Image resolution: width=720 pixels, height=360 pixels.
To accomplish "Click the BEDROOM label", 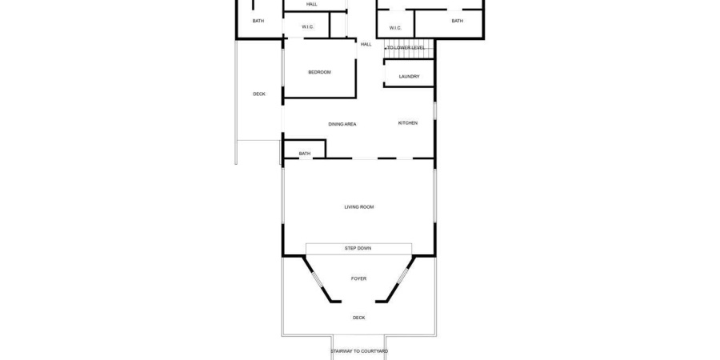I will pos(319,73).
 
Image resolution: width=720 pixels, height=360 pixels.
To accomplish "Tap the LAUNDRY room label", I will pos(409,77).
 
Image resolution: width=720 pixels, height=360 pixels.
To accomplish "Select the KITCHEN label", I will pos(408,123).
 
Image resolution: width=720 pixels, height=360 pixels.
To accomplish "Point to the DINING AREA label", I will pos(342,124).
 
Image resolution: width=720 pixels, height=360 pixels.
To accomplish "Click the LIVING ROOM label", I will pos(359,207).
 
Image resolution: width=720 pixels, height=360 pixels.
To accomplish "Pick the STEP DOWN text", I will pos(358,249).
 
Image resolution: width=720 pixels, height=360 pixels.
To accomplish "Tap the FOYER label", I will pos(359,278).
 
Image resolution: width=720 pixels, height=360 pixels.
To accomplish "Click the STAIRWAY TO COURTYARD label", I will pos(359,351).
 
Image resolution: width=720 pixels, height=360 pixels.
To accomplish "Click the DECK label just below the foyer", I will pos(359,318).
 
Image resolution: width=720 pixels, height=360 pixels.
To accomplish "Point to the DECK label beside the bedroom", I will pos(259,94).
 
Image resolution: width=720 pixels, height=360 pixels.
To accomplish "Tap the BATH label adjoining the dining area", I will pos(305,154).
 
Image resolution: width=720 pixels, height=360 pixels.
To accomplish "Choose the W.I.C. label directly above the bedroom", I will pos(307,27).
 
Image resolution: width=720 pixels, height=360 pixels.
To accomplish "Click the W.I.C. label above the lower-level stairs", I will pos(395,29).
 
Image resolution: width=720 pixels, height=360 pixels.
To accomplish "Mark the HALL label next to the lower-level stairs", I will pos(366,45).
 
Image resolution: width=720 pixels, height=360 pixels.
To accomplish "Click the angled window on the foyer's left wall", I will pos(317,279).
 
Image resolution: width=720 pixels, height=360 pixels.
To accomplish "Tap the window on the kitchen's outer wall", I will pos(434,110).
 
